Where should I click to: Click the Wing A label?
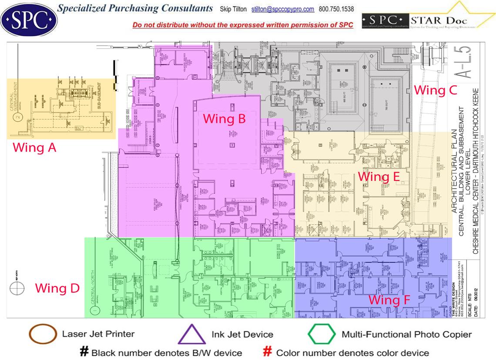coord(34,148)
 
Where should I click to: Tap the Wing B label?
coord(225,118)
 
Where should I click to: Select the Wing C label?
coord(435,90)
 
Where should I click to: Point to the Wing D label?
coord(57,288)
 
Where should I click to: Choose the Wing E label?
coord(379,177)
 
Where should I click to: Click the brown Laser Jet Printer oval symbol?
coord(43,334)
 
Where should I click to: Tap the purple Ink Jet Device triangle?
coord(192,335)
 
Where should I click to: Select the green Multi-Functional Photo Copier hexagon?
coord(322,334)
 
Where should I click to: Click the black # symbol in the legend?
coord(84,352)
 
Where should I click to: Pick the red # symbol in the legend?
coord(268,352)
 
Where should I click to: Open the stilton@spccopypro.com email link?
coord(283,9)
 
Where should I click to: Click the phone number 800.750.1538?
coord(336,9)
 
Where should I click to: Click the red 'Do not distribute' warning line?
coord(243,25)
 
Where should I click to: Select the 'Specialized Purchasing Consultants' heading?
coord(135,9)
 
